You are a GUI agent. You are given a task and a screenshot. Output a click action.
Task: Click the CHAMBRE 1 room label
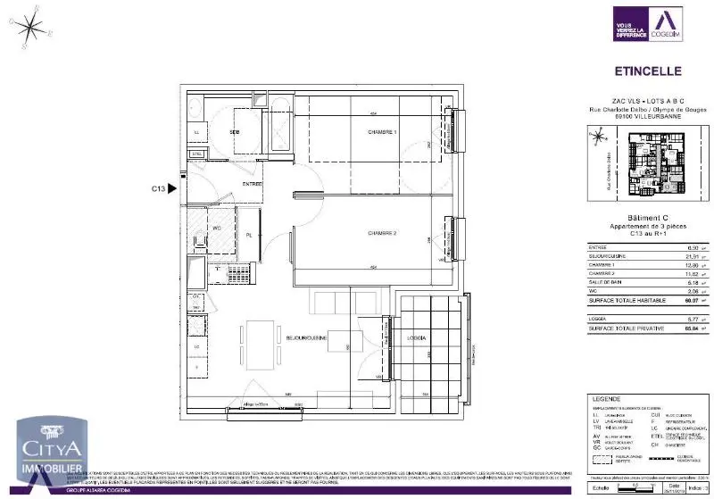click(x=382, y=132)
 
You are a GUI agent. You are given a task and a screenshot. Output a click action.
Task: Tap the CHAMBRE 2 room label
click(x=382, y=233)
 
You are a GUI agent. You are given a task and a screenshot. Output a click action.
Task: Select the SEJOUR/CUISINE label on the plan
click(x=305, y=338)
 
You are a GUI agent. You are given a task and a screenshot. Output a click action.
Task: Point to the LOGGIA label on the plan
click(x=416, y=338)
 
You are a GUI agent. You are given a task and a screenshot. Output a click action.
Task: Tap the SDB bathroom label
click(x=234, y=132)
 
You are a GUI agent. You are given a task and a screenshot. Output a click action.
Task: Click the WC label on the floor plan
click(x=216, y=228)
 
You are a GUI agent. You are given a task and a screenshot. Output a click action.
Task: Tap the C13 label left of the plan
click(x=158, y=188)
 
